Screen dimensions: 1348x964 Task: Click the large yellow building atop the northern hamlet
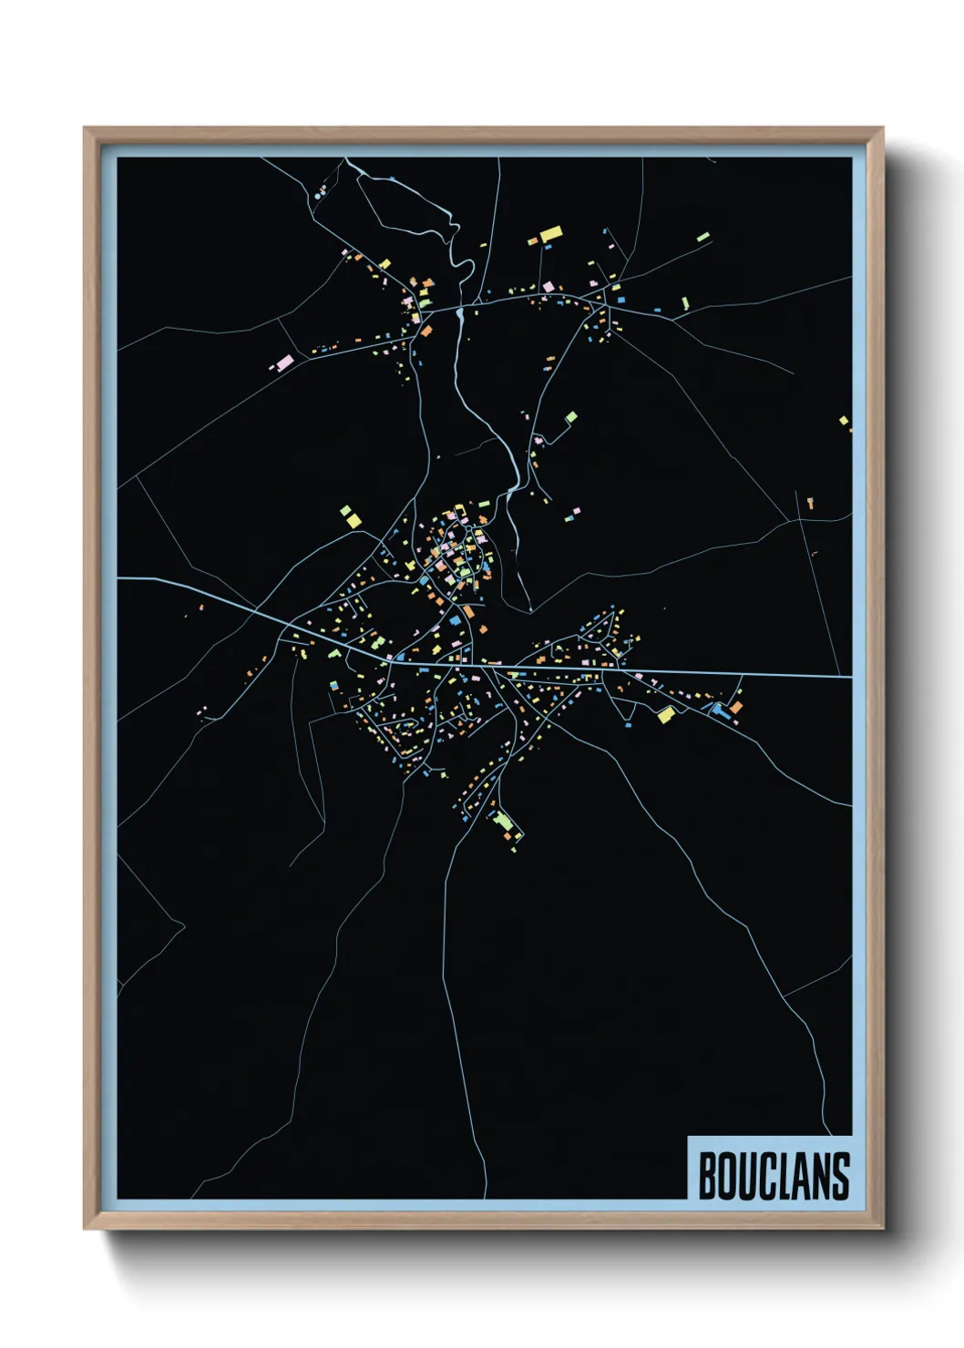(550, 234)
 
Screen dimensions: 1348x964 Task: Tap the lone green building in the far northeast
(702, 238)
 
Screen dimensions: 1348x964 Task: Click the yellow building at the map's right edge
(844, 421)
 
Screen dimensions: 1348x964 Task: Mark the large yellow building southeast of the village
(666, 715)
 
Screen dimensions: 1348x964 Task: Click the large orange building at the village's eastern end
(734, 706)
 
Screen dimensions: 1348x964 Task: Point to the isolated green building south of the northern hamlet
(571, 417)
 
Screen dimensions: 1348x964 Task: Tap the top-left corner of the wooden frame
(85, 128)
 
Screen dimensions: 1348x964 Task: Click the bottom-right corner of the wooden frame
(883, 1229)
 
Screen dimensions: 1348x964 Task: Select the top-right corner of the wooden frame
(883, 128)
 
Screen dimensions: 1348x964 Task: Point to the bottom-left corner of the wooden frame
(85, 1229)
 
